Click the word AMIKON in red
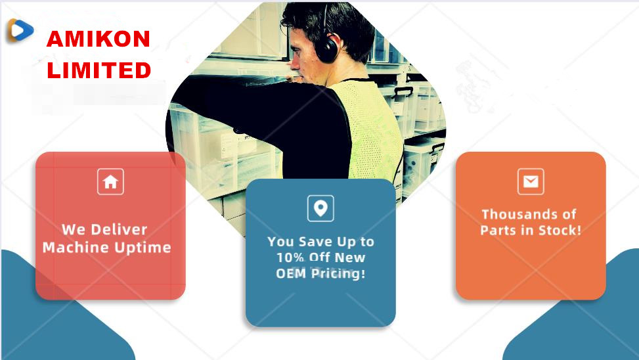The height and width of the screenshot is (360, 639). pos(99,39)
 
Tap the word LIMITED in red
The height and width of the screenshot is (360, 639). pos(99,70)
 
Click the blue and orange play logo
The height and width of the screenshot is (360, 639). pos(20,30)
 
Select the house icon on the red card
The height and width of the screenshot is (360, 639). pos(110,181)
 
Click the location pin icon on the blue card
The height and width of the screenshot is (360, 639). pos(320,208)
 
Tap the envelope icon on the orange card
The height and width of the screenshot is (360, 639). pos(531,181)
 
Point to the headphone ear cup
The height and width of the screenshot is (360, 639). pos(327,48)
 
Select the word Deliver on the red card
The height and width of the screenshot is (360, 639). pos(119,229)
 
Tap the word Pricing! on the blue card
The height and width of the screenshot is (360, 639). pos(338,273)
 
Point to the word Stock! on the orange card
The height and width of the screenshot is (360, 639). pos(560,231)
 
